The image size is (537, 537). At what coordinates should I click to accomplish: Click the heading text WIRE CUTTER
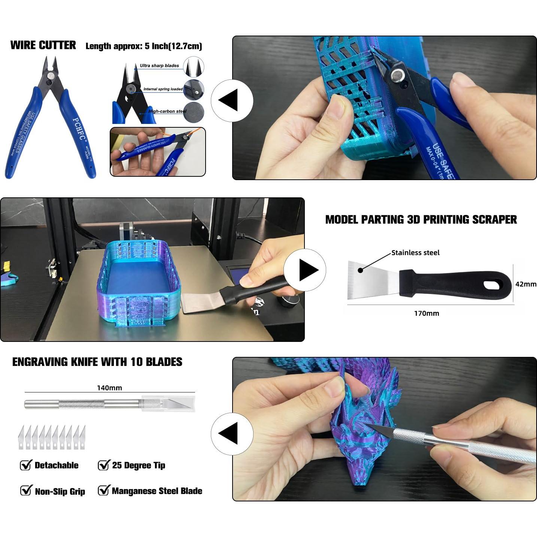click(43, 45)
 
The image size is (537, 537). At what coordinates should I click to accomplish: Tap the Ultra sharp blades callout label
click(159, 66)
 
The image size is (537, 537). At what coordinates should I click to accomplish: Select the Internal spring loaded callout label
click(163, 89)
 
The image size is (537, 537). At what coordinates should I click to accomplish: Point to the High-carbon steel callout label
click(167, 111)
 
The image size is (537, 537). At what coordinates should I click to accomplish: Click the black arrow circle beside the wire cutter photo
click(232, 101)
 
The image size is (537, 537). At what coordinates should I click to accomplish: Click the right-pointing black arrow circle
click(305, 270)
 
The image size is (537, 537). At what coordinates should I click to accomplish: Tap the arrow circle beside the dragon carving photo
click(232, 434)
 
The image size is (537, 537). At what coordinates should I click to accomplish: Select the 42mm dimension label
click(525, 284)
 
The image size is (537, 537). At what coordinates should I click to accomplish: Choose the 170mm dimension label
click(426, 313)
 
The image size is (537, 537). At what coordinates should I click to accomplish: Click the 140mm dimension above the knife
click(109, 388)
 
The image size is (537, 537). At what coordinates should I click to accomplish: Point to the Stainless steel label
click(415, 253)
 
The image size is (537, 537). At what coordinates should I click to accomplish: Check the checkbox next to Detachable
click(25, 465)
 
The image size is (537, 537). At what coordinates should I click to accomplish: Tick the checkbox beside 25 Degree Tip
click(103, 465)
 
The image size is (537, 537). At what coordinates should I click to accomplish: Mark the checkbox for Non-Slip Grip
click(25, 491)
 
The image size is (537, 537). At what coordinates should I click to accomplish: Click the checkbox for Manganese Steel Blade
click(103, 491)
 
